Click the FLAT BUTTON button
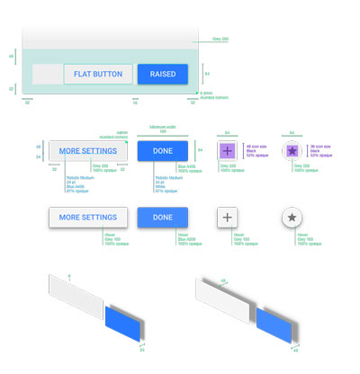pos(98,74)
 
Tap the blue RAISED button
pos(163,74)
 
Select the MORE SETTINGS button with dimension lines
pos(87,151)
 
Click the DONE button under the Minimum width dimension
pos(163,151)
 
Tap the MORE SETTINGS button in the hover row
pos(87,218)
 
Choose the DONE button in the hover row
pos(163,218)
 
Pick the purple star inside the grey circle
pos(292,151)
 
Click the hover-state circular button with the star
pos(292,218)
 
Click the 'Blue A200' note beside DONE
pos(188,167)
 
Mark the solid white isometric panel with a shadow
pos(225,297)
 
